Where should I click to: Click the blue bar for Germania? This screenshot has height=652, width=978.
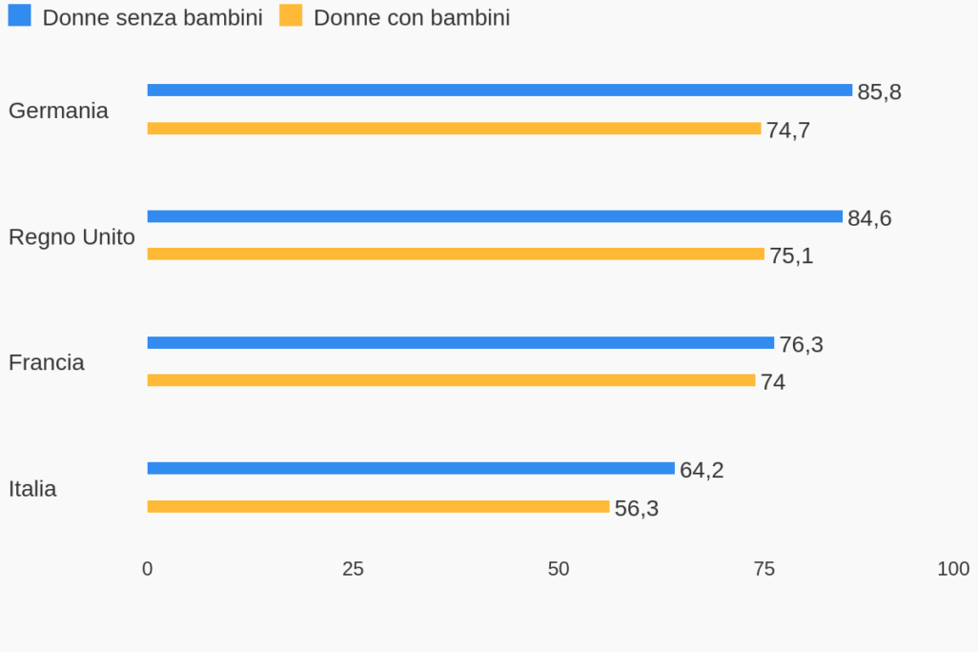coord(499,91)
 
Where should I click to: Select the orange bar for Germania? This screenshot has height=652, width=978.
coord(454,129)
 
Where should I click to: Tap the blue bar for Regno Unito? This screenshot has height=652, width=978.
coord(495,216)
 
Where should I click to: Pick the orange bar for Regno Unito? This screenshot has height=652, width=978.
coord(456,255)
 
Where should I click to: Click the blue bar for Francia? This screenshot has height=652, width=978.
coord(460,343)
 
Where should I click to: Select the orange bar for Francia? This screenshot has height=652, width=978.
coord(451,380)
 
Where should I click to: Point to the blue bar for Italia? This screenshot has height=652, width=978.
coord(411,469)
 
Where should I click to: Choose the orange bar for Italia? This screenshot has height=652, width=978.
coord(378,507)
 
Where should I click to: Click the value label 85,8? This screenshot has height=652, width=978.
coord(879,92)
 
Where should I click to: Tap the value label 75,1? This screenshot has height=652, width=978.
coord(791,256)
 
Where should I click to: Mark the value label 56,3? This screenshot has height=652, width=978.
coord(636,509)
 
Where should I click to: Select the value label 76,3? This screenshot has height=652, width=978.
coord(801,345)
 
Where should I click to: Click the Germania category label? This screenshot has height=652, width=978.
coord(58,111)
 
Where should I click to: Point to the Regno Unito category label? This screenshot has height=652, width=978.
coord(71,237)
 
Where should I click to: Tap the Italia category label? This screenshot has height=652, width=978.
coord(32,489)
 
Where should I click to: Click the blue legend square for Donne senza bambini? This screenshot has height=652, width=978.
coord(19,16)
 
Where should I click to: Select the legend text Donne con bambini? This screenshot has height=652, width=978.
coord(411,18)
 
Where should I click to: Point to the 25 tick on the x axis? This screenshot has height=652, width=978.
coord(353,569)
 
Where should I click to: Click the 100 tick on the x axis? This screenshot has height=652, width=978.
coord(953,569)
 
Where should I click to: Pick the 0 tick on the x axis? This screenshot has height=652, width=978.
coord(147,569)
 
